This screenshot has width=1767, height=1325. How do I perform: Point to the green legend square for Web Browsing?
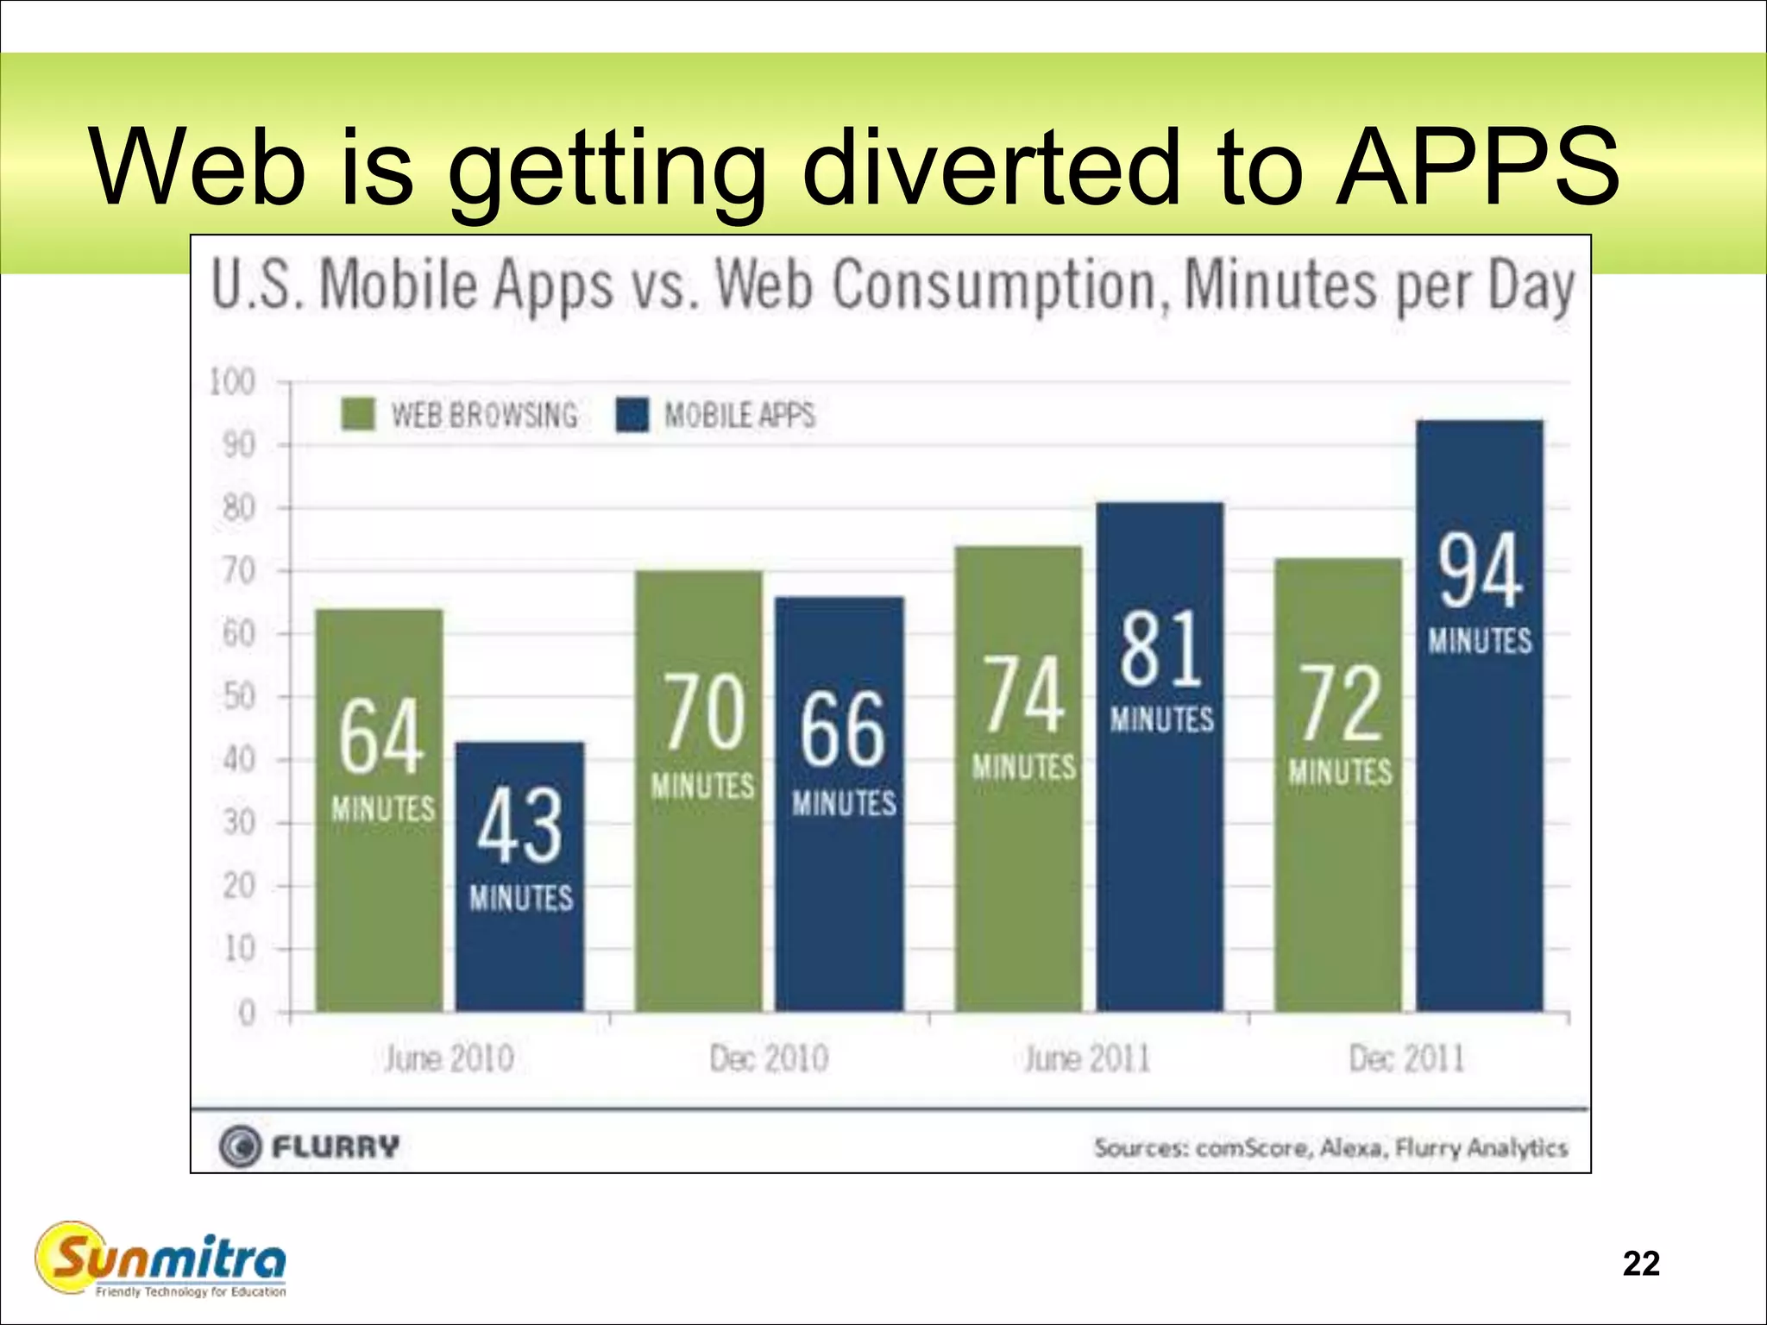pos(358,414)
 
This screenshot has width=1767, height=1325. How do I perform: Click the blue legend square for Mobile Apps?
pos(632,415)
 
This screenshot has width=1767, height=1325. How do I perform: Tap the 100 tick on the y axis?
pos(233,382)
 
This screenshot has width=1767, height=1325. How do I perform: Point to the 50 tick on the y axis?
pos(239,697)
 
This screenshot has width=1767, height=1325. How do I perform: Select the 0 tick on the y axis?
pos(247,1013)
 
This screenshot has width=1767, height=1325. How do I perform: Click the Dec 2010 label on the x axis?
pos(769,1058)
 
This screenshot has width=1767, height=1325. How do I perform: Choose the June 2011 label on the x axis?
pos(1087,1058)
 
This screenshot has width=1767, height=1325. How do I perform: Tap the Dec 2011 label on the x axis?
pos(1407,1058)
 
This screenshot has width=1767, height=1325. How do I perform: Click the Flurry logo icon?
pos(240,1147)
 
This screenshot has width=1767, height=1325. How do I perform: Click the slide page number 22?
pos(1641,1264)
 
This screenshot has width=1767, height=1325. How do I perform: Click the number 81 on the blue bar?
pos(1160,649)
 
